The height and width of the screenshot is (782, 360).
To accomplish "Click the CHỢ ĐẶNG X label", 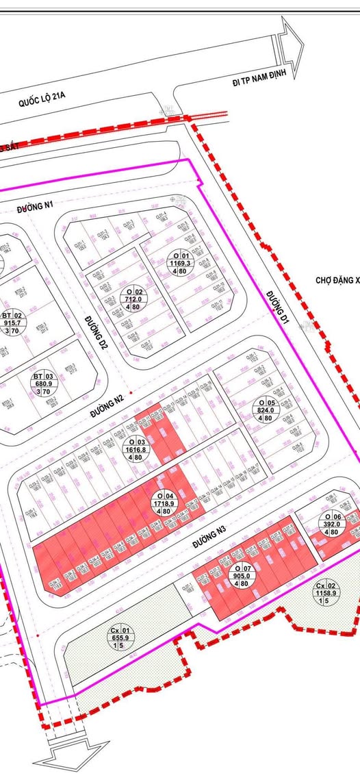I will tap(337, 281).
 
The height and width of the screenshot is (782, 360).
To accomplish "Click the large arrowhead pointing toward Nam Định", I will tap(292, 46).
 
